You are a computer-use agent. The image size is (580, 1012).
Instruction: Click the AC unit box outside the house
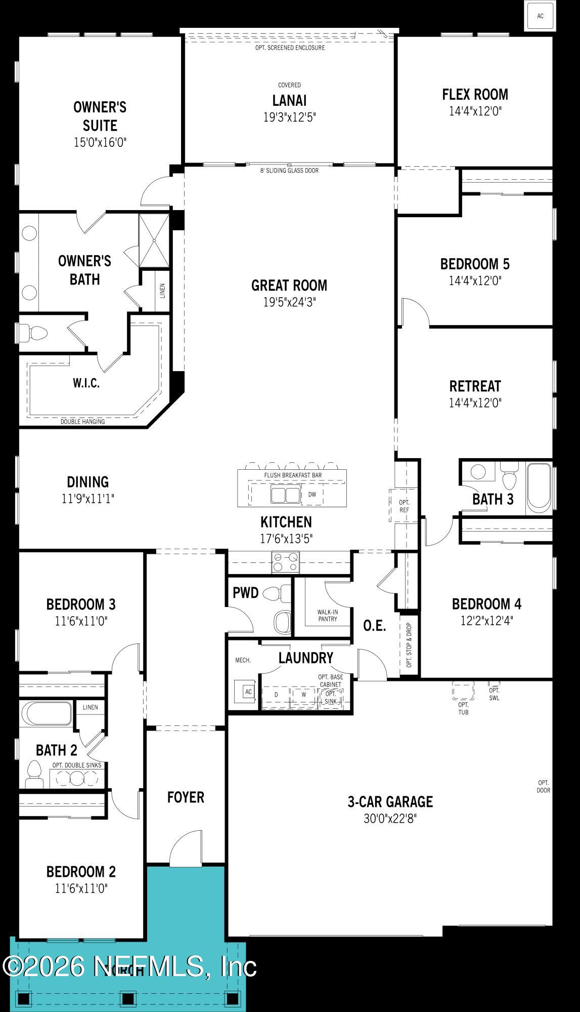click(540, 16)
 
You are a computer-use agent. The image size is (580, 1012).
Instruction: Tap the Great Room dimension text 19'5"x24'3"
click(289, 302)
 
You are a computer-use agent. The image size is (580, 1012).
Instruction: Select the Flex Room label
click(475, 95)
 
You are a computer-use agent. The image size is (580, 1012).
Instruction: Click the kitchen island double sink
click(286, 495)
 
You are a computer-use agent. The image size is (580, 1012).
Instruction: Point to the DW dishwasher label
click(312, 495)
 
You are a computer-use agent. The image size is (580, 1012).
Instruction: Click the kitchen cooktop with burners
click(286, 562)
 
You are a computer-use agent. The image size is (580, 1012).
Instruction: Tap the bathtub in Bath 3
click(539, 489)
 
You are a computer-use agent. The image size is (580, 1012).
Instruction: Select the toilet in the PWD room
click(278, 593)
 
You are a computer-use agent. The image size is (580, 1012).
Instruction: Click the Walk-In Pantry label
click(328, 615)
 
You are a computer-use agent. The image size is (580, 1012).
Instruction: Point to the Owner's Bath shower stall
click(154, 240)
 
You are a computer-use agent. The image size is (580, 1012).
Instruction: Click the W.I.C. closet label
click(86, 383)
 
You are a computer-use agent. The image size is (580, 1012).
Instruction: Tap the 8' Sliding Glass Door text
click(289, 171)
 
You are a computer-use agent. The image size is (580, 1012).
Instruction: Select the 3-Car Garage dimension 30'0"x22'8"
click(390, 819)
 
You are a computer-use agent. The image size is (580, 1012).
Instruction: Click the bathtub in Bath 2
click(47, 713)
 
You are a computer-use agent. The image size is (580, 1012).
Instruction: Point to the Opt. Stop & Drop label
click(409, 644)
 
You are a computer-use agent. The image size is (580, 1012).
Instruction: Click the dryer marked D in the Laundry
click(276, 695)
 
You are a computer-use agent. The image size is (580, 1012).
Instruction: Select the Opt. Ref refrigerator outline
click(404, 506)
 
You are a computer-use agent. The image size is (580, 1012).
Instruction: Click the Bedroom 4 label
click(486, 604)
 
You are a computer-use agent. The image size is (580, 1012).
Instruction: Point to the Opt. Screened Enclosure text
click(290, 48)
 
